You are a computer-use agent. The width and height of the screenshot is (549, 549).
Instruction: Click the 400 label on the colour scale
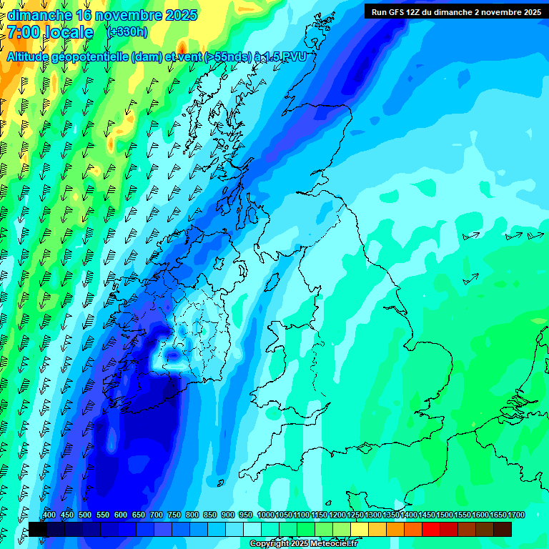coord(49,515)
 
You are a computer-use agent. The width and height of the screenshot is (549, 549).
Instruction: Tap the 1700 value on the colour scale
coord(515,515)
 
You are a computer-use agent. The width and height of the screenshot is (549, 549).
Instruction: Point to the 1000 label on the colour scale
coord(266,515)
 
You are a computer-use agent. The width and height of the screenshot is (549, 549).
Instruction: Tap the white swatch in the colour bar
coord(252,529)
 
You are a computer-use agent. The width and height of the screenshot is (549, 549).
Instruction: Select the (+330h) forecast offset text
coord(127,31)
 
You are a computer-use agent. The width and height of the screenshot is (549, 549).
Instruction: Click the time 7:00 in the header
coord(24,32)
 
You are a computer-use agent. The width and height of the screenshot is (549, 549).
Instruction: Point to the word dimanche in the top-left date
coord(39,15)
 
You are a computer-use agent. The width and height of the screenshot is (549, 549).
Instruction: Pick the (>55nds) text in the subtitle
coord(227,57)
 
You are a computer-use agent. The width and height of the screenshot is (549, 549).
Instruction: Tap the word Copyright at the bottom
coord(268,544)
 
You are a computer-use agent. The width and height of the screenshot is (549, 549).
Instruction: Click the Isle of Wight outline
coord(365,449)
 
